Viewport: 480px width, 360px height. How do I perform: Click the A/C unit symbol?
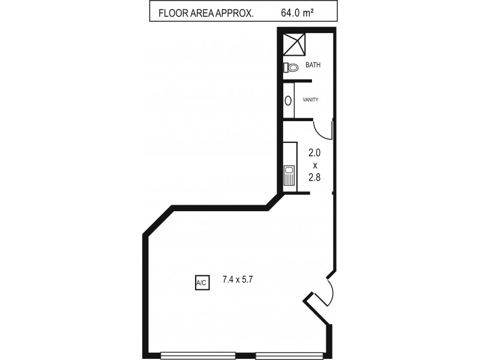(x=202, y=283)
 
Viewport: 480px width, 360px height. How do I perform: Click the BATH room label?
(x=313, y=65)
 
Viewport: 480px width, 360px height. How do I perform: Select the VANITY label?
(x=310, y=100)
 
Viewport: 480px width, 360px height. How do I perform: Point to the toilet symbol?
(x=291, y=67)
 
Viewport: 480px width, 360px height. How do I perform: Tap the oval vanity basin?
(x=289, y=101)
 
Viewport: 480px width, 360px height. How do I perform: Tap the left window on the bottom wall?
(x=198, y=355)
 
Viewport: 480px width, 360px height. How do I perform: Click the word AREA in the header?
(x=203, y=12)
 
